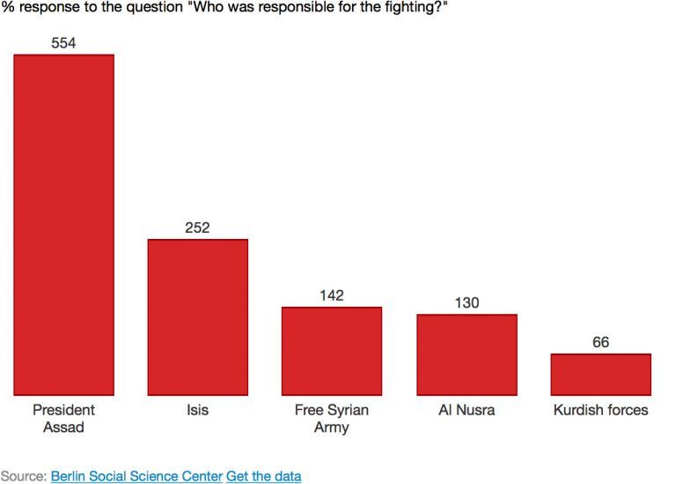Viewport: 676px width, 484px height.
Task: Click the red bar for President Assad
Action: [63, 225]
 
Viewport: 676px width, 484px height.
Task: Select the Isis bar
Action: [198, 316]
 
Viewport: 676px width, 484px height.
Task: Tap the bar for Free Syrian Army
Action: [332, 351]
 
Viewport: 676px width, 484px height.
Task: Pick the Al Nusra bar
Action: [467, 354]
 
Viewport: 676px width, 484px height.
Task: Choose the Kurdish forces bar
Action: [601, 375]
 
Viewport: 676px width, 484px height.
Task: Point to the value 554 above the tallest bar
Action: [63, 42]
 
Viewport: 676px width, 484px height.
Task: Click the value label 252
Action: [197, 227]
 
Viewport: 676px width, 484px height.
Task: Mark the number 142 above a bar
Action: [332, 295]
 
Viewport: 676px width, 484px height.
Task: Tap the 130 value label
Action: [467, 302]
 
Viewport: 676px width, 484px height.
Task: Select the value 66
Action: [601, 342]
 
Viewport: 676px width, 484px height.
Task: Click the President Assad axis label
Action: [63, 419]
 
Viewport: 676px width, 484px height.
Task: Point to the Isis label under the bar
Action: [197, 410]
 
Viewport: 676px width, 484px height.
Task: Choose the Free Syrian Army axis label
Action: [332, 419]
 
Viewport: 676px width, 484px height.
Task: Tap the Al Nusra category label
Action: [467, 410]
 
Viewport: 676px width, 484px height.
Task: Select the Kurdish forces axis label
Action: [601, 410]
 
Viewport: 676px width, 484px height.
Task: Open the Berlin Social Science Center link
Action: [136, 476]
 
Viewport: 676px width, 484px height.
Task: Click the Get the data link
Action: [263, 476]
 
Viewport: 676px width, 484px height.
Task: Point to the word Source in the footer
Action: [22, 476]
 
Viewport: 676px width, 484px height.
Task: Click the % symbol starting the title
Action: [8, 7]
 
